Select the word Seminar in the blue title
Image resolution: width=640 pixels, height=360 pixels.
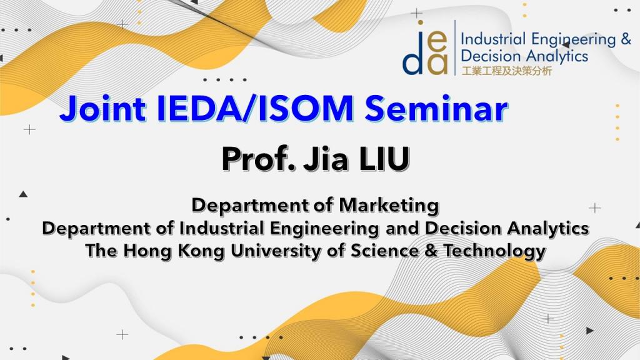[x=436, y=109]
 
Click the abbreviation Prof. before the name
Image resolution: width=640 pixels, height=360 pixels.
[x=258, y=159]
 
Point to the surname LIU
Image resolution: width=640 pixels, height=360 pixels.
[x=384, y=159]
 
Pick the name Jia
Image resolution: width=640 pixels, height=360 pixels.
[x=326, y=159]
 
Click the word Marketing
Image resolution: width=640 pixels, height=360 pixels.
[x=389, y=205]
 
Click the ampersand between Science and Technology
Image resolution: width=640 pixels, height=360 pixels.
[x=431, y=251]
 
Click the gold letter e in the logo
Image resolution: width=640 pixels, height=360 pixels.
[x=438, y=42]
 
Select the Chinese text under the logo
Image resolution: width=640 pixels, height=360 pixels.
[x=506, y=71]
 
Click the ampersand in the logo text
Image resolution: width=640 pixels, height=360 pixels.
[x=626, y=39]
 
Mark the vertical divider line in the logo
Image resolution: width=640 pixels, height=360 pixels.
[x=455, y=47]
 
